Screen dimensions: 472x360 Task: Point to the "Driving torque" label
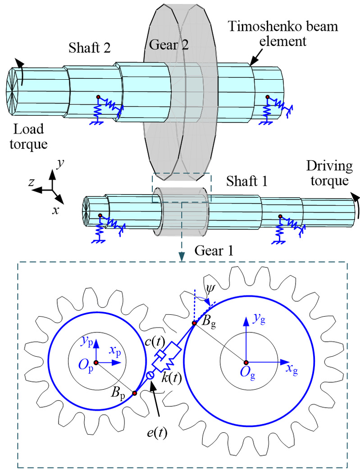(329, 173)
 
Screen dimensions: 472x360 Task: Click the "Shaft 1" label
(246, 181)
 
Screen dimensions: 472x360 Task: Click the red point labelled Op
(96, 362)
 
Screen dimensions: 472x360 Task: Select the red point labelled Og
(246, 362)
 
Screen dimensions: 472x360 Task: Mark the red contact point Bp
(134, 393)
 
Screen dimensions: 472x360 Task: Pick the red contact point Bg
(195, 323)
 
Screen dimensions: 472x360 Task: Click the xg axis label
(293, 370)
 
